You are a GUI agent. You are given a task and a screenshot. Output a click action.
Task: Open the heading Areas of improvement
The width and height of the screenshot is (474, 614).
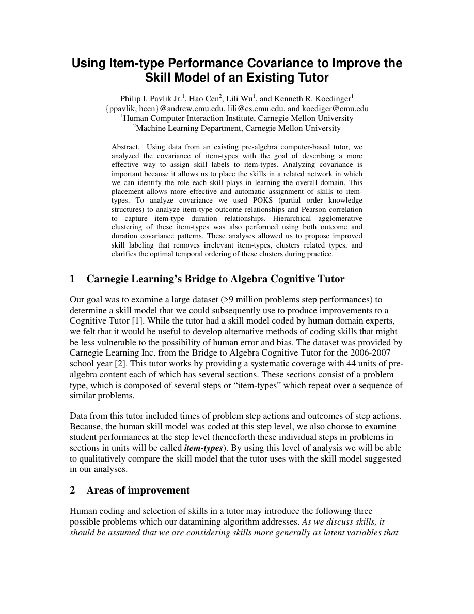(138, 490)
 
